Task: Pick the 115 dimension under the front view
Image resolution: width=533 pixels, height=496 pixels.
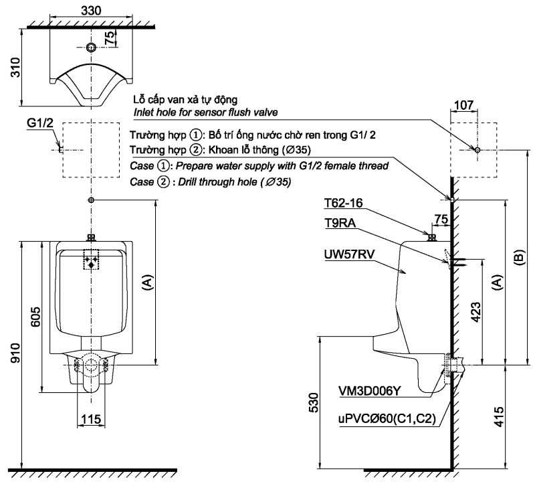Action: point(91,419)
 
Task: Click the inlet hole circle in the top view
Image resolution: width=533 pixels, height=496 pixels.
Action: point(91,48)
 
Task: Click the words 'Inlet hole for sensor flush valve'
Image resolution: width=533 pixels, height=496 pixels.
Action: point(206,112)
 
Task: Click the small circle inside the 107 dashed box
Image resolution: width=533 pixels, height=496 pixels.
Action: point(476,149)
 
